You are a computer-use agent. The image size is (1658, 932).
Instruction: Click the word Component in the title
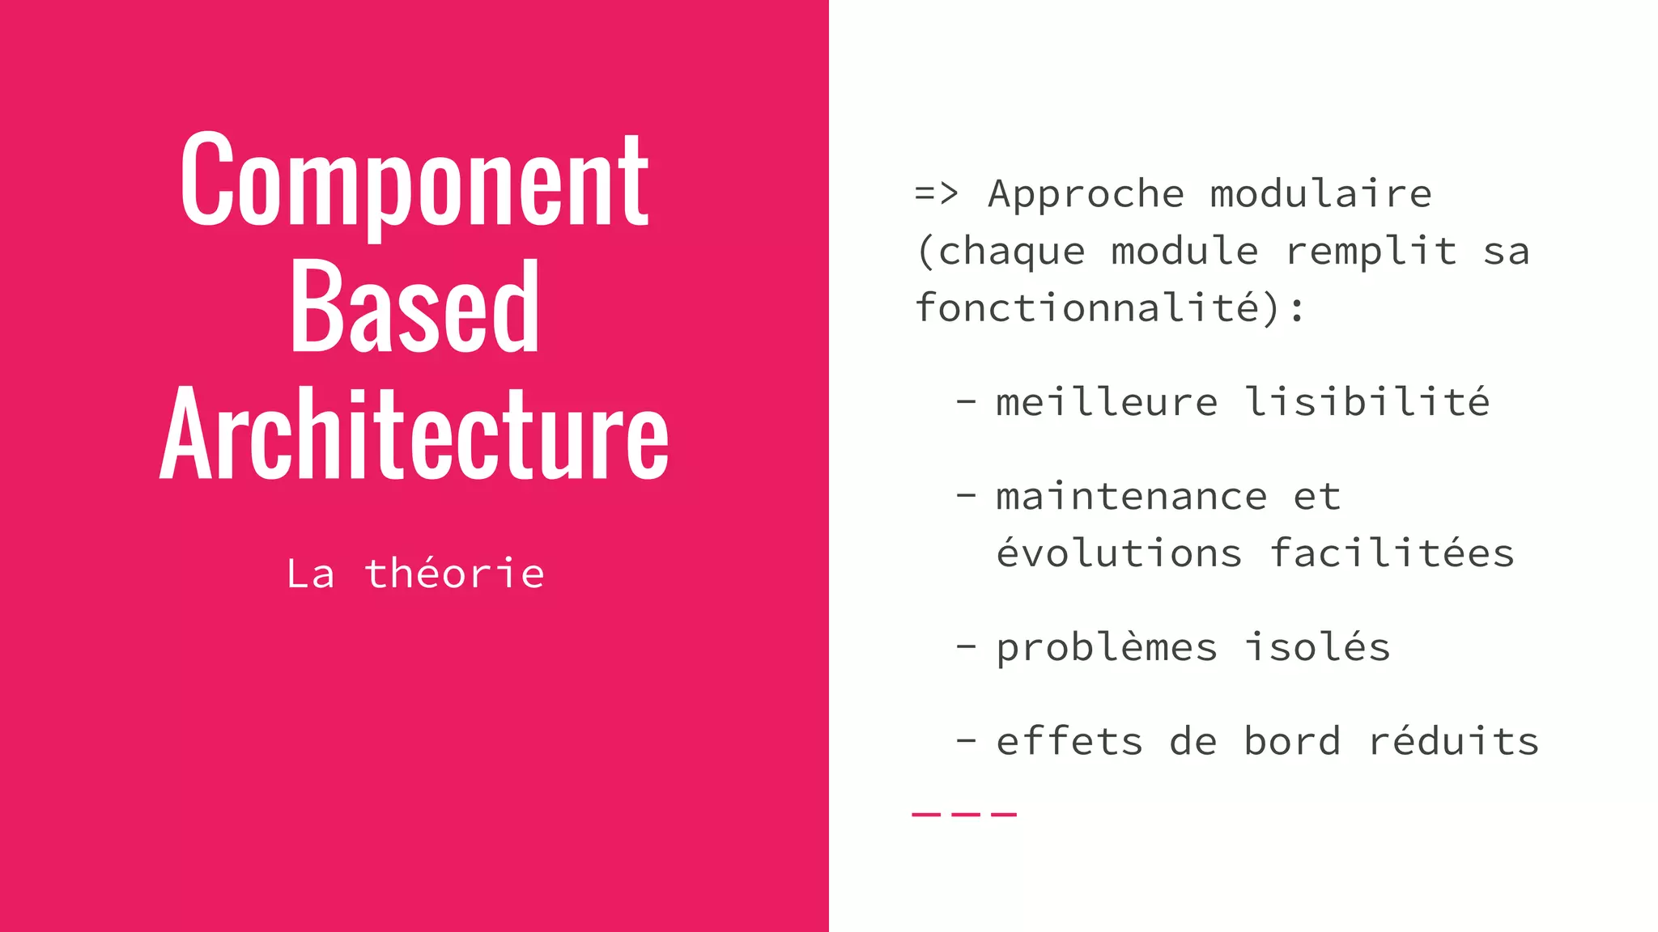point(414,182)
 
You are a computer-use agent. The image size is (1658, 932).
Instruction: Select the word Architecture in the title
point(414,435)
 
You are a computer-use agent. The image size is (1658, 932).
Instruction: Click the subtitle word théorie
point(454,574)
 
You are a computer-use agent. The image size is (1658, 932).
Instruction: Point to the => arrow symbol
point(936,194)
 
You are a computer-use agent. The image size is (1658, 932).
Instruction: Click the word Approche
point(1086,194)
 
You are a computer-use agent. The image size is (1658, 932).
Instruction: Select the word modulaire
point(1320,194)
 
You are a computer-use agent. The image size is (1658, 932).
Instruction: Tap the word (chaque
point(1001,252)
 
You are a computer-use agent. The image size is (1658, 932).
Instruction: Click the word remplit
point(1371,251)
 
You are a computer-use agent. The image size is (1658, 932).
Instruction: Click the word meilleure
point(1106,402)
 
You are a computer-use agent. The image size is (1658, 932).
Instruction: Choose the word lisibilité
point(1367,402)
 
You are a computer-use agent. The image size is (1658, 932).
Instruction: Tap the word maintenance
point(1131,497)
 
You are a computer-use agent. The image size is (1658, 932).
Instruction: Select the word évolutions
point(1118,553)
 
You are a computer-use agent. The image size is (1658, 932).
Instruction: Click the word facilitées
point(1391,553)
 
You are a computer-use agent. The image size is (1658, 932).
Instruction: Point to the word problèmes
point(1106,647)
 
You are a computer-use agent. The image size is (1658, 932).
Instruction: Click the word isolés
point(1317,647)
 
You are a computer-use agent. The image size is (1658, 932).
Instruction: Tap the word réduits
point(1453,741)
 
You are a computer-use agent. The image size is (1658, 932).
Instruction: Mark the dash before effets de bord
point(965,740)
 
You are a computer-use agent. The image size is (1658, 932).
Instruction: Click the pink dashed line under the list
point(963,814)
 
